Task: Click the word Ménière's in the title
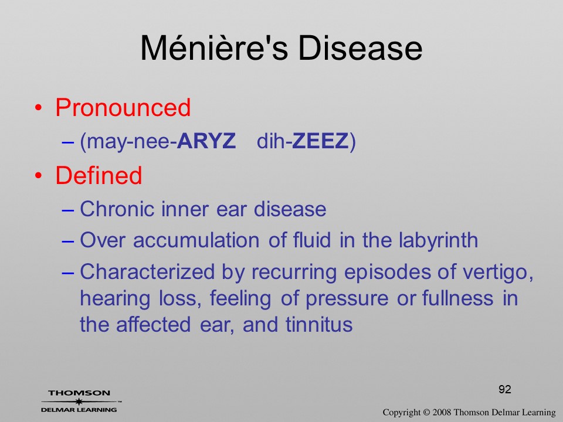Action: point(214,48)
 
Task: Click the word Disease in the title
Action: point(360,48)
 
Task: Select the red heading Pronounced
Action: point(123,107)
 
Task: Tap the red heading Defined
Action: point(99,175)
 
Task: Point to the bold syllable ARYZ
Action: point(206,141)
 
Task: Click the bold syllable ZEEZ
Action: point(320,141)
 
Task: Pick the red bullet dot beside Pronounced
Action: point(39,108)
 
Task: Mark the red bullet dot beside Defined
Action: point(39,175)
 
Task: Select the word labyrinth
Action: point(439,240)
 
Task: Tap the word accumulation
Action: point(196,240)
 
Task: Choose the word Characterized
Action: point(147,271)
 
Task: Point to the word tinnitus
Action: point(319,324)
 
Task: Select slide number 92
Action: point(505,389)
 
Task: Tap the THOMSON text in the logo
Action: point(79,393)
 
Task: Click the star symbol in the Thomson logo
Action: point(79,401)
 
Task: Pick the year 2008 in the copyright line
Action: point(442,412)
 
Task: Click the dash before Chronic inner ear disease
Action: point(68,210)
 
